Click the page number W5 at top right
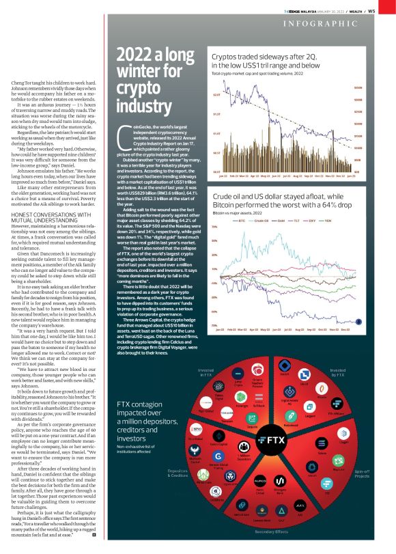coord(389,10)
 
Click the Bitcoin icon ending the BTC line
coord(358,320)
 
